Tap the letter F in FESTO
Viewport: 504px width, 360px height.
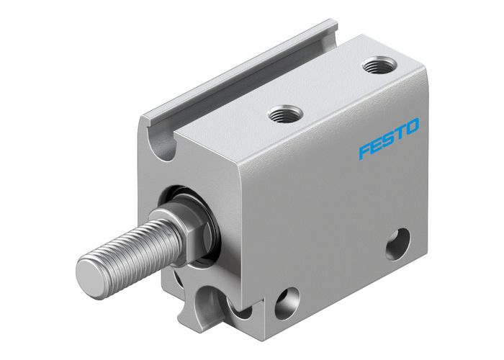tap(364, 152)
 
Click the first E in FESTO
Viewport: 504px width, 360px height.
tap(375, 145)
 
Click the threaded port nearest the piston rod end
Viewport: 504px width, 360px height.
tap(280, 113)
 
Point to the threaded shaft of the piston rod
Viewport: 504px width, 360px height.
tap(130, 248)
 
